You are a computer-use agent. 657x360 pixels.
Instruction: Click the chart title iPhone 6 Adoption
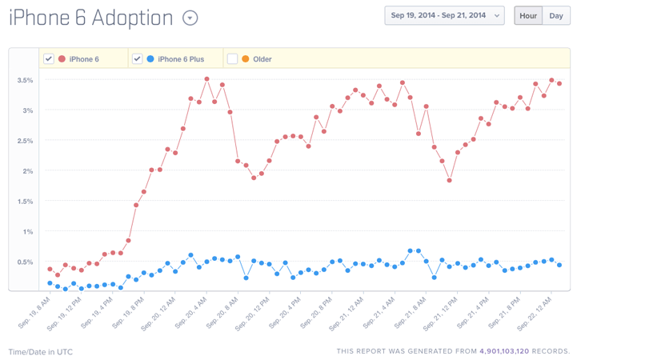click(x=90, y=18)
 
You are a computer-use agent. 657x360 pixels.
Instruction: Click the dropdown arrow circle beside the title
click(x=190, y=18)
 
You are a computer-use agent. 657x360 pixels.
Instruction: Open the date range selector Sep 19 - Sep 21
click(x=444, y=15)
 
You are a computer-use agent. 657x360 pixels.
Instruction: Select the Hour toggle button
click(x=528, y=15)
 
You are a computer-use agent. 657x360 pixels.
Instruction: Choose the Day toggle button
click(x=556, y=15)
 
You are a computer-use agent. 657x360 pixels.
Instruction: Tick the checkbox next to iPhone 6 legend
click(x=49, y=58)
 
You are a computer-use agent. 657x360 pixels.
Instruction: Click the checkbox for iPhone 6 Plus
click(x=138, y=58)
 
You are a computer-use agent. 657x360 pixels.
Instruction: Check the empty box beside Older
click(x=232, y=58)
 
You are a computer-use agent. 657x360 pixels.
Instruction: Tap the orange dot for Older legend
click(x=245, y=58)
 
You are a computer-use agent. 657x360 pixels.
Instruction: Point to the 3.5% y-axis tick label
click(x=25, y=80)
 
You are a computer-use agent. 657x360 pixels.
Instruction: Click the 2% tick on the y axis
click(x=27, y=171)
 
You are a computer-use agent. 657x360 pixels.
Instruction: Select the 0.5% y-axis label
click(x=25, y=262)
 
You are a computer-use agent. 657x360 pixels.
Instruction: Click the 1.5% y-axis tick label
click(x=25, y=202)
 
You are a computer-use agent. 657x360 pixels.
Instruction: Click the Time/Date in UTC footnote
click(x=40, y=351)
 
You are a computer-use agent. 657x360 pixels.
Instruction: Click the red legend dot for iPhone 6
click(x=62, y=58)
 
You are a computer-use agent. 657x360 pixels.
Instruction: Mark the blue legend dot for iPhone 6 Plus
click(x=150, y=58)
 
